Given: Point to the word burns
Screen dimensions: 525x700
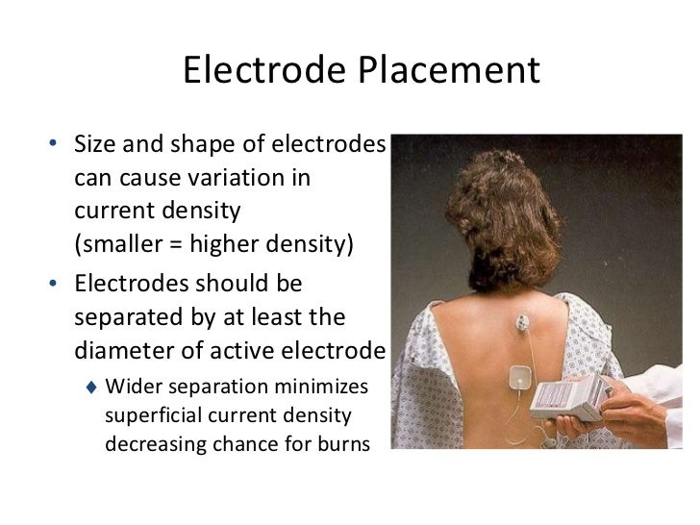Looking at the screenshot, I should tap(341, 448).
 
